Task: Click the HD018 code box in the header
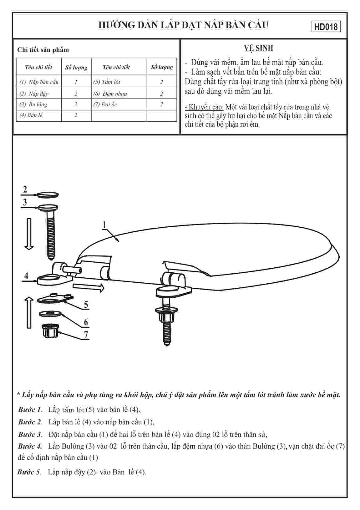[x=326, y=27]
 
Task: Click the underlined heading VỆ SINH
[x=259, y=48]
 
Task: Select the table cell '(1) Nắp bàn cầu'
[x=39, y=82]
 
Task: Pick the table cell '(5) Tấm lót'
[x=107, y=82]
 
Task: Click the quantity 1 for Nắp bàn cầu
[x=76, y=82]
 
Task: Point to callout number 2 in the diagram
[x=25, y=189]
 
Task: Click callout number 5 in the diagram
[x=86, y=305]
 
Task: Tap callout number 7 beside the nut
[x=86, y=335]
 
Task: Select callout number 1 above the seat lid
[x=104, y=225]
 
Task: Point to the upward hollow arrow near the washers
[x=29, y=312]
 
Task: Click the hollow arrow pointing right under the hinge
[x=89, y=287]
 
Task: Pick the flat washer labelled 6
[x=50, y=313]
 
